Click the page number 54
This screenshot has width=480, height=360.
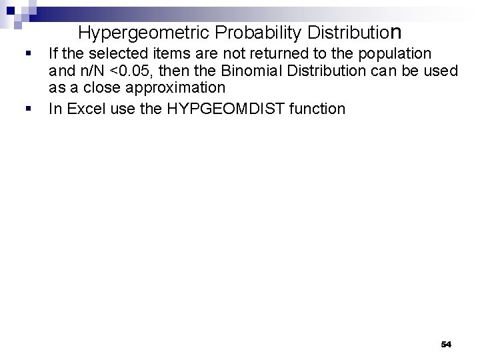pos(446,344)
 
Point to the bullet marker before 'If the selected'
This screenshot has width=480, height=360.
pos(25,53)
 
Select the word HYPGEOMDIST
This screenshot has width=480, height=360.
pos(237,109)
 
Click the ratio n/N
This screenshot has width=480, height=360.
pos(99,71)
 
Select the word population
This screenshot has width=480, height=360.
pos(397,53)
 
